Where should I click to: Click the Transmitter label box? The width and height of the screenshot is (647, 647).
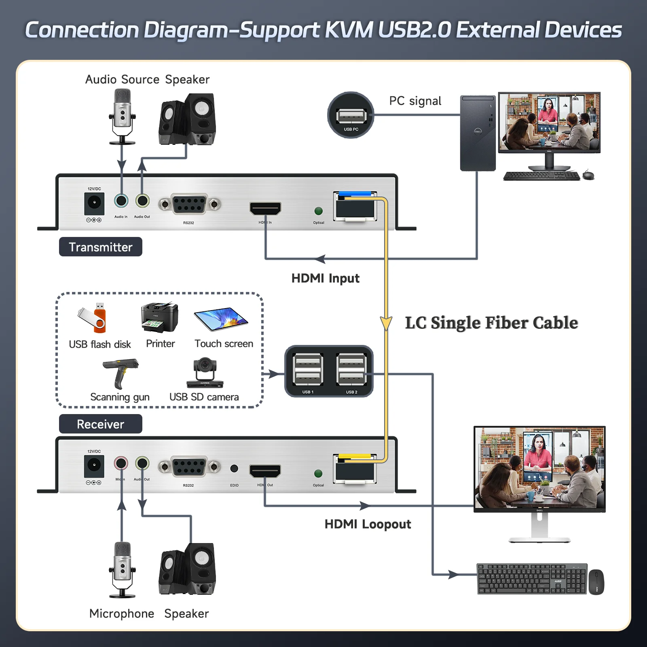tap(100, 247)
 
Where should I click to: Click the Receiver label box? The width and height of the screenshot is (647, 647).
tap(100, 424)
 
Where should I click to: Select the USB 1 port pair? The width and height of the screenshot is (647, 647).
tap(308, 370)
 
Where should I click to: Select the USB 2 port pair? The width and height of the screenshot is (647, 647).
tap(351, 370)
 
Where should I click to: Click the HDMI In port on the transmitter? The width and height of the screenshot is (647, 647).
tap(265, 209)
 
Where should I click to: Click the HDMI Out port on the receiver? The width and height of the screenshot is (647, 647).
tap(265, 471)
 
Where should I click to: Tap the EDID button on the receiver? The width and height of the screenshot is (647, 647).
tap(234, 468)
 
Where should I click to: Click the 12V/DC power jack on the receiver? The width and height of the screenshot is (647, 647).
tap(94, 466)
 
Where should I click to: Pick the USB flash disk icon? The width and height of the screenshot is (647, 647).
tap(94, 318)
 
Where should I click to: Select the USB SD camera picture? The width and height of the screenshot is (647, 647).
tap(205, 372)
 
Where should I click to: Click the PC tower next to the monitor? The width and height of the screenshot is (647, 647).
tap(478, 133)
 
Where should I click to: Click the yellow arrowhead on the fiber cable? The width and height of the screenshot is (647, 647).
tap(386, 323)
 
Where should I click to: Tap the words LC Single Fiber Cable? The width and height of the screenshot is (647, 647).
tap(491, 323)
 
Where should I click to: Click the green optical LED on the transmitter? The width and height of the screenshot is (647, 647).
tap(319, 211)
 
